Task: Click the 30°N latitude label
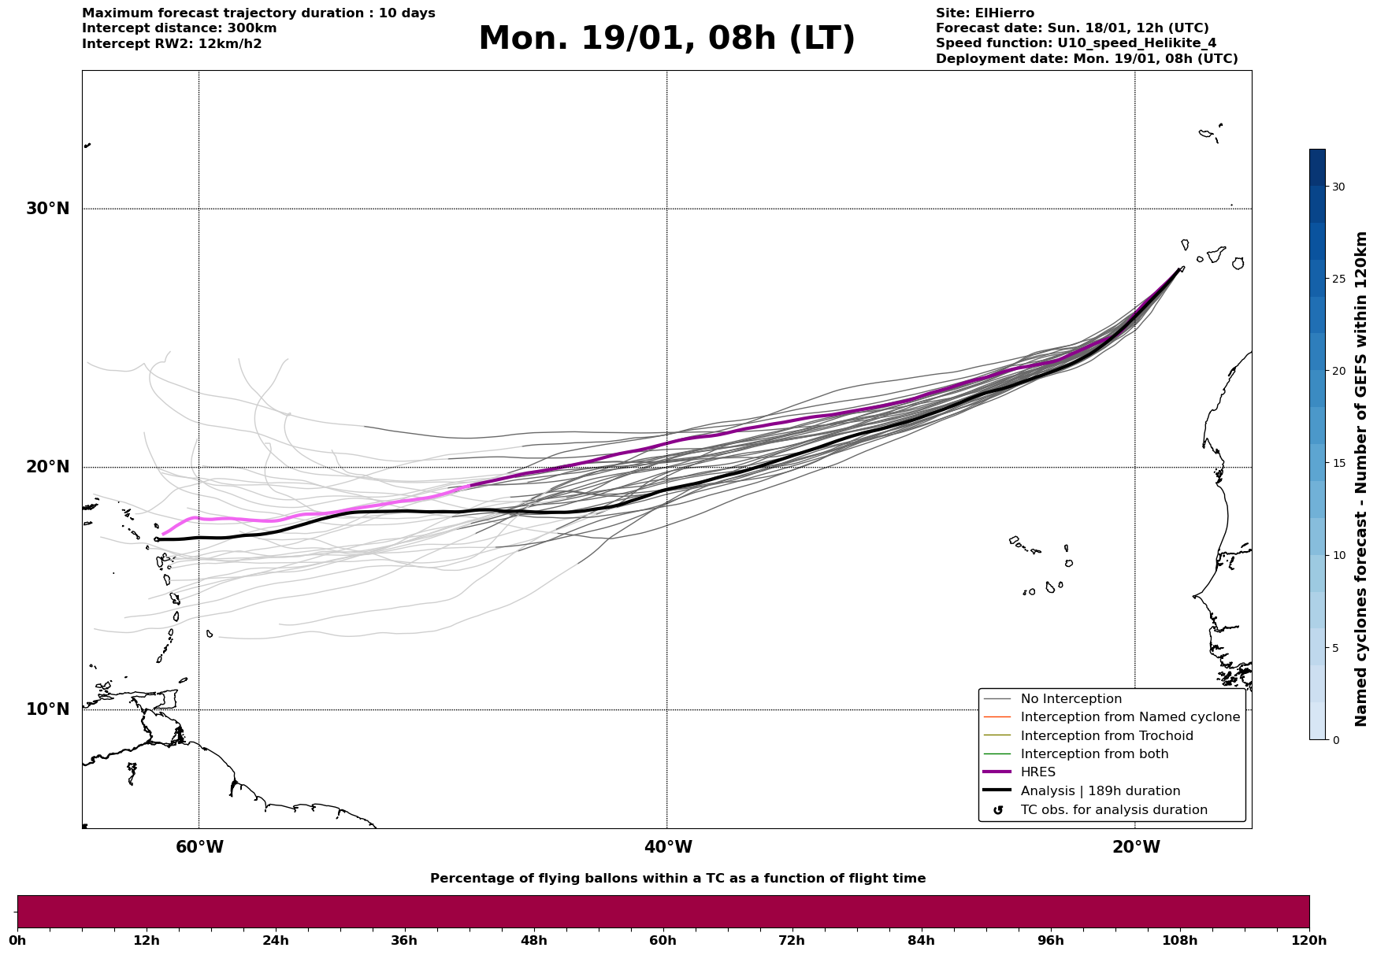coord(47,209)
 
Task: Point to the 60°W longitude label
coord(199,847)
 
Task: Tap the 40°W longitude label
coord(668,847)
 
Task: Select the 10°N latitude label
coord(47,709)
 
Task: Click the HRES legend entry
coord(1037,772)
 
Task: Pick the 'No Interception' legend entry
coord(1071,699)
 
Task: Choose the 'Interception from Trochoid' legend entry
coord(1106,736)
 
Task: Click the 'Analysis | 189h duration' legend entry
coord(1100,791)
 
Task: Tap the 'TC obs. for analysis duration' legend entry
coord(1113,810)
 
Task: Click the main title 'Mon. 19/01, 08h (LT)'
coord(666,39)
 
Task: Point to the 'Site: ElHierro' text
coord(985,13)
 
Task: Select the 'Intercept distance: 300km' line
coord(179,28)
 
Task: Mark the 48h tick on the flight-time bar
coord(533,940)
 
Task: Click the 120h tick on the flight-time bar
coord(1308,940)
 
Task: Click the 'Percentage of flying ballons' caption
coord(677,879)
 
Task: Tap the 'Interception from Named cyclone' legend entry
coord(1130,717)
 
